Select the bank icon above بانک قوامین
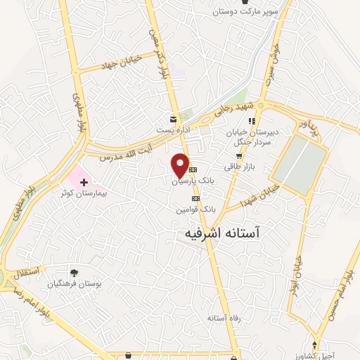pos(195,198)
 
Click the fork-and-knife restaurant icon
pos(251,121)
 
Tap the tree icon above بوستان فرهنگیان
pos(74,272)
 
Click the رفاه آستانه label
pos(223,319)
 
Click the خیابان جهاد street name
pos(122,63)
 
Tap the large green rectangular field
pos(300,162)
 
